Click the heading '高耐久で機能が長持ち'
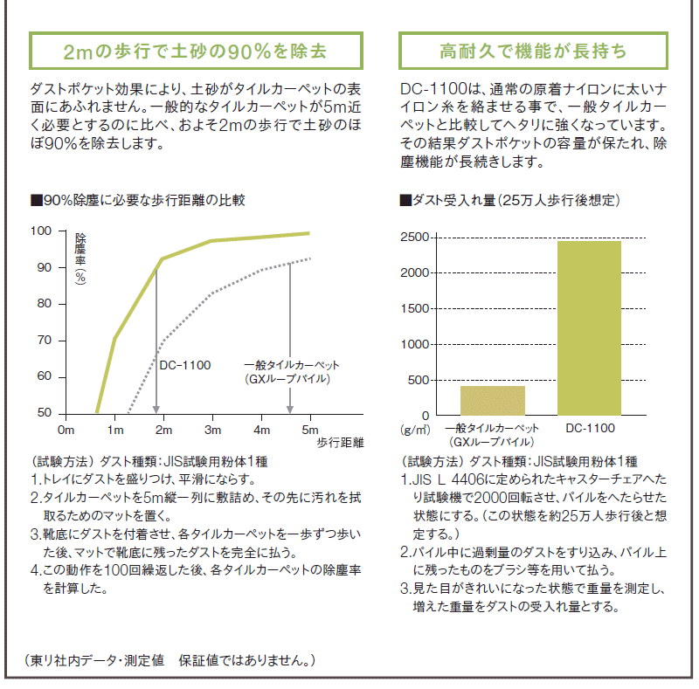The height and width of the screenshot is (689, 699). [x=533, y=51]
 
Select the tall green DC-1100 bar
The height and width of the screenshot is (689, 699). [x=589, y=327]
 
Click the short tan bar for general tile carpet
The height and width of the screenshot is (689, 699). [x=492, y=400]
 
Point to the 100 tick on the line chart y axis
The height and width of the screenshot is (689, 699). [x=41, y=231]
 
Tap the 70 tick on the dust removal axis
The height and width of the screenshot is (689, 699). [x=44, y=341]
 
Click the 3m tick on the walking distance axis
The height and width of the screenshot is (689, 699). [x=211, y=431]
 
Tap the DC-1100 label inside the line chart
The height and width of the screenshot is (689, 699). [x=185, y=365]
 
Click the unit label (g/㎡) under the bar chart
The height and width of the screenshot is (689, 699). [x=416, y=430]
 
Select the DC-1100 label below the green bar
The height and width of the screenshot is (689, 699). [x=590, y=429]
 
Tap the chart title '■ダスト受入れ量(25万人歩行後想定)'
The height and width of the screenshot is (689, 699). [x=509, y=200]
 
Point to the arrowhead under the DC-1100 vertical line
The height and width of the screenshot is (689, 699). [x=156, y=408]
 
